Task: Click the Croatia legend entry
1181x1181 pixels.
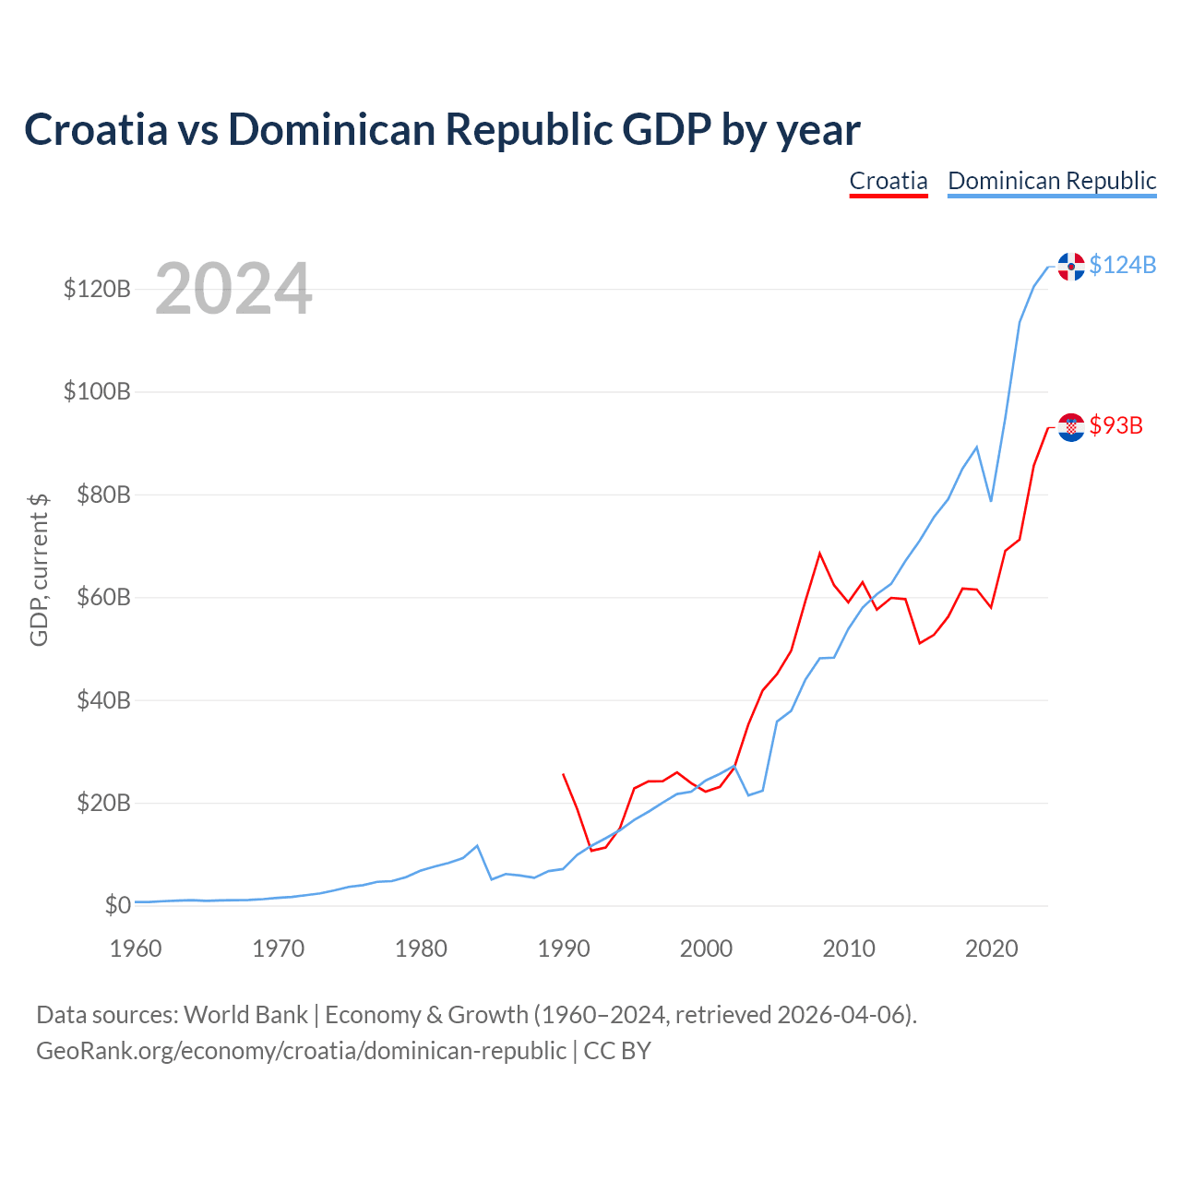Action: click(x=888, y=181)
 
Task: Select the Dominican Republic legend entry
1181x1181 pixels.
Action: click(x=1052, y=181)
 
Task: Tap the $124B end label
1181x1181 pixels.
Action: click(x=1122, y=265)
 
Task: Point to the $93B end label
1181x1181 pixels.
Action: click(x=1115, y=425)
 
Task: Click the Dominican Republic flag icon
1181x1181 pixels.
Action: click(x=1070, y=266)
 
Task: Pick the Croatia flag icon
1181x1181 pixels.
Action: click(x=1070, y=426)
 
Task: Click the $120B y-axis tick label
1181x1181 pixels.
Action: click(x=97, y=290)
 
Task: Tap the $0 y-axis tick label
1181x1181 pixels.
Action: click(x=117, y=905)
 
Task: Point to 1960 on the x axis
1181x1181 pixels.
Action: click(x=136, y=948)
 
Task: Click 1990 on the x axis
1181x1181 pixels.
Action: click(x=563, y=948)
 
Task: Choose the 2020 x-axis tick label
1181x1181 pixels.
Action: click(x=991, y=948)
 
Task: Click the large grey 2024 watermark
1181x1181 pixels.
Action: click(x=233, y=290)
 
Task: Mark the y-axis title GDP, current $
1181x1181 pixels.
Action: click(x=39, y=569)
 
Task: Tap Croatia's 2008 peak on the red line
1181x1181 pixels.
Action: click(x=819, y=554)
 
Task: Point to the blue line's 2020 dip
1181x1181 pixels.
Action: click(x=991, y=501)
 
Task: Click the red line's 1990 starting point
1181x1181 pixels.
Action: click(x=563, y=774)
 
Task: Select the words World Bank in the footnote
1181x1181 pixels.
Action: click(x=245, y=1015)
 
